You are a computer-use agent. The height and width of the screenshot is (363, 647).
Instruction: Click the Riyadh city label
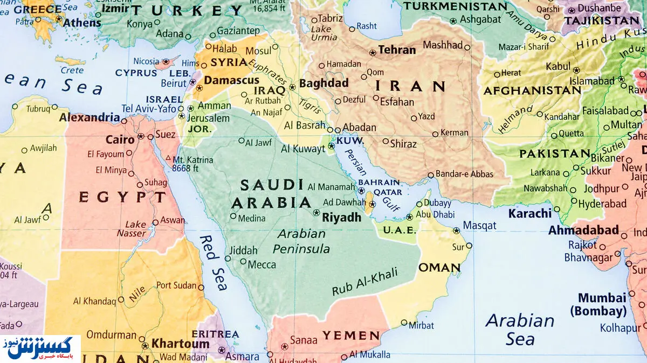(341, 218)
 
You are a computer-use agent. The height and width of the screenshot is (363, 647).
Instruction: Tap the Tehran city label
(397, 50)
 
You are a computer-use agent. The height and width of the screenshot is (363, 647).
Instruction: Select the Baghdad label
(323, 83)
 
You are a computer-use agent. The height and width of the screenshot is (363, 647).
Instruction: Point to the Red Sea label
(214, 262)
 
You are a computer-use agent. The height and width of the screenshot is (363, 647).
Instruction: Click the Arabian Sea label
(520, 330)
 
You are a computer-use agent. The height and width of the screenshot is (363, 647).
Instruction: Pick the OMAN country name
(439, 268)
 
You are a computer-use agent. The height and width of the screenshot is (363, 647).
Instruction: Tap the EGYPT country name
(122, 197)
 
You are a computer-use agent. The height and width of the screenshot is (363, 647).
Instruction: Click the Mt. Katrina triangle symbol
(168, 159)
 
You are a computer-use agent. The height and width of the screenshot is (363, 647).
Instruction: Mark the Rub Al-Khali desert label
(365, 282)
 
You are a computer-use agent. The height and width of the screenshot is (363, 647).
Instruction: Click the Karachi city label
(530, 213)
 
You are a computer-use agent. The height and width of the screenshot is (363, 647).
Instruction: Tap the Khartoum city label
(180, 344)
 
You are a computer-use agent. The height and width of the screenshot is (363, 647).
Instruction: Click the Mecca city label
(261, 264)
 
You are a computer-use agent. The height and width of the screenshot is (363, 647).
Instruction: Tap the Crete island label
(72, 71)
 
